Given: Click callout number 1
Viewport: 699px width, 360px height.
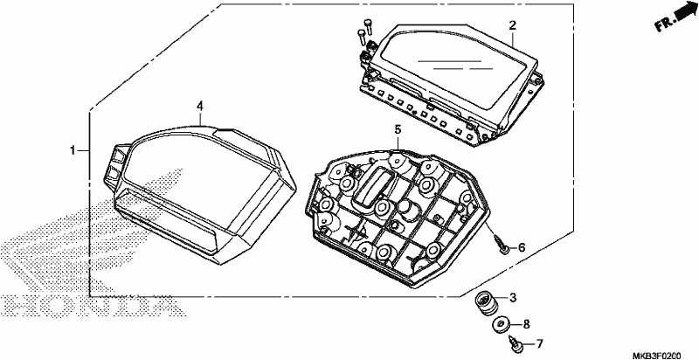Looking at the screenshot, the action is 73,151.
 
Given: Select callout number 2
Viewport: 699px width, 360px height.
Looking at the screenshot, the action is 513,25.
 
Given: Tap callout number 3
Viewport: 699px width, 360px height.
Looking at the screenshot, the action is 513,297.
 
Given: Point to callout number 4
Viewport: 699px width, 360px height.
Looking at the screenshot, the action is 200,106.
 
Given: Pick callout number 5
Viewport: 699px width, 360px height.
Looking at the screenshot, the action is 398,129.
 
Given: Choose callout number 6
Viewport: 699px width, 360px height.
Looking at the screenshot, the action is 522,248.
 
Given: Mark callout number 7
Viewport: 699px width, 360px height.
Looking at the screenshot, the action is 539,343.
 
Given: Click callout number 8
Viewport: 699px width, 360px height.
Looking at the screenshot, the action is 526,324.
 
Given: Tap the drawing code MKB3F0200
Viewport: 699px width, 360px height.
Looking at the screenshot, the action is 657,355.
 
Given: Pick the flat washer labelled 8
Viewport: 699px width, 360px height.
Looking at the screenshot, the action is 502,325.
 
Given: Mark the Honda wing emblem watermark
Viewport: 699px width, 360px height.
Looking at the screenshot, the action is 89,232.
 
